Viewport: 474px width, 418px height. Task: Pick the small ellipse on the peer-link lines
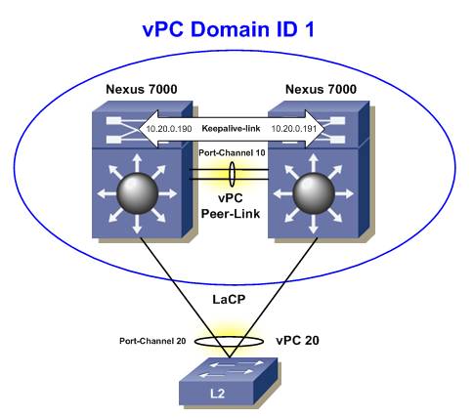pos(234,175)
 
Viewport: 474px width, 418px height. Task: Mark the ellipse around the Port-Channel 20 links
pos(233,342)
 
